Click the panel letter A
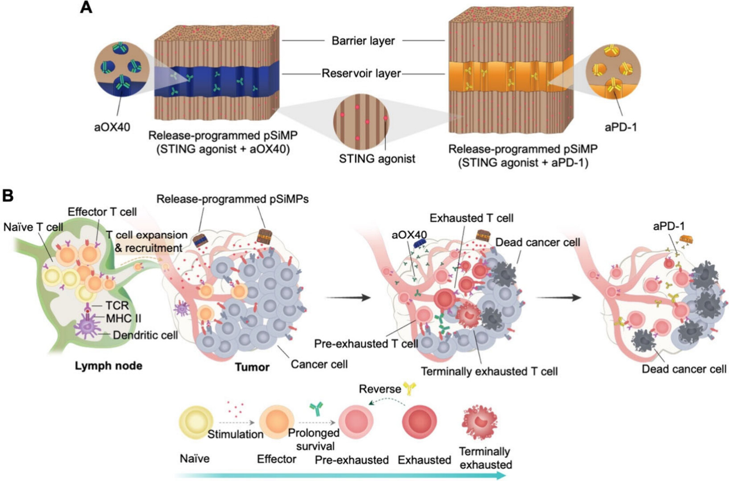tap(86, 7)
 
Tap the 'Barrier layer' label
tap(363, 41)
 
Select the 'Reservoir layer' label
tap(361, 74)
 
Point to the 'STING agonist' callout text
tap(377, 159)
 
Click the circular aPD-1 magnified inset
tap(613, 72)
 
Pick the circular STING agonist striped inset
tap(361, 122)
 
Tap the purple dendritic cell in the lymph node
tap(86, 326)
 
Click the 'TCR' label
tap(117, 305)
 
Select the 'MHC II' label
tap(124, 318)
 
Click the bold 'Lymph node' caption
tap(109, 366)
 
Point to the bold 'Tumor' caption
tap(252, 367)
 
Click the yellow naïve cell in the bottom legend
tap(196, 423)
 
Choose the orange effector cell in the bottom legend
tap(277, 423)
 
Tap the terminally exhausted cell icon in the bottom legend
tap(479, 423)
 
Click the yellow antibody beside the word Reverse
tap(410, 388)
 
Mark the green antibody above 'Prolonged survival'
tap(316, 408)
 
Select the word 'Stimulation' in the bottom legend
tap(235, 435)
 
